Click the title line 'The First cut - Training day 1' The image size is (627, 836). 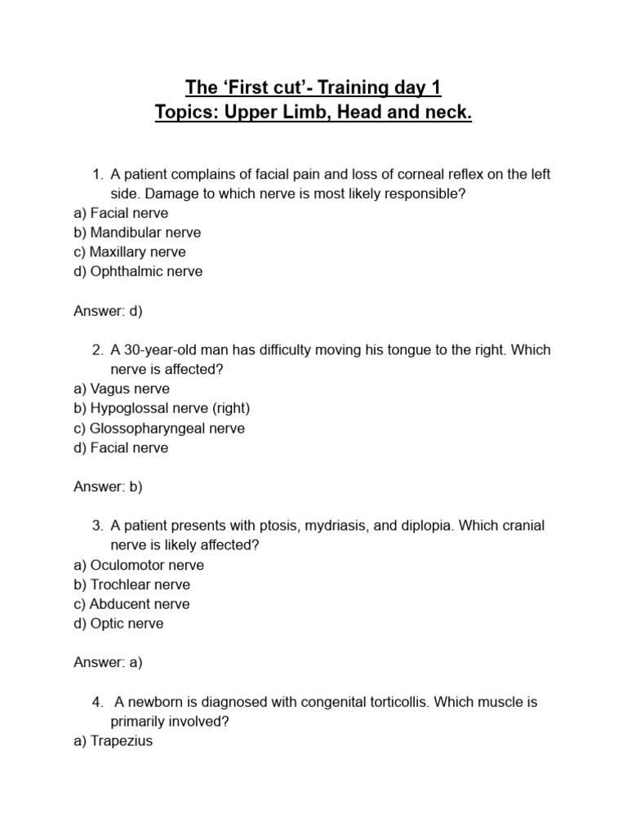pos(313,87)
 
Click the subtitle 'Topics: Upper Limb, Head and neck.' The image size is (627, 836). pos(313,113)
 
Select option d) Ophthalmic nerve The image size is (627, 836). pos(138,271)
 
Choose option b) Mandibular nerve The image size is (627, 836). pos(137,232)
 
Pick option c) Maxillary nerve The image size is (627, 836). pos(130,251)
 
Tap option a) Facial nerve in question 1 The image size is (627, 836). pos(121,212)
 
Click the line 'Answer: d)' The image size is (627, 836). pos(108,310)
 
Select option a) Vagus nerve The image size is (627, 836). pos(121,389)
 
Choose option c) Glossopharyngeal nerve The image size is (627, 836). pos(159,428)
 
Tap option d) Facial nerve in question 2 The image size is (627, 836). pos(121,447)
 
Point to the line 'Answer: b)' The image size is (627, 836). pos(108,487)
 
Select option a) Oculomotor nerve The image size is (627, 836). pos(139,565)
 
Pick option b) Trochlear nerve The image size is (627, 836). pos(131,585)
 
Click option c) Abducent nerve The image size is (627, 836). pos(131,604)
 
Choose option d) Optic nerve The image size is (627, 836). pos(118,624)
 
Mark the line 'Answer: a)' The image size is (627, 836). pos(108,663)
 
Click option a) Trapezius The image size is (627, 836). pos(113,741)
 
